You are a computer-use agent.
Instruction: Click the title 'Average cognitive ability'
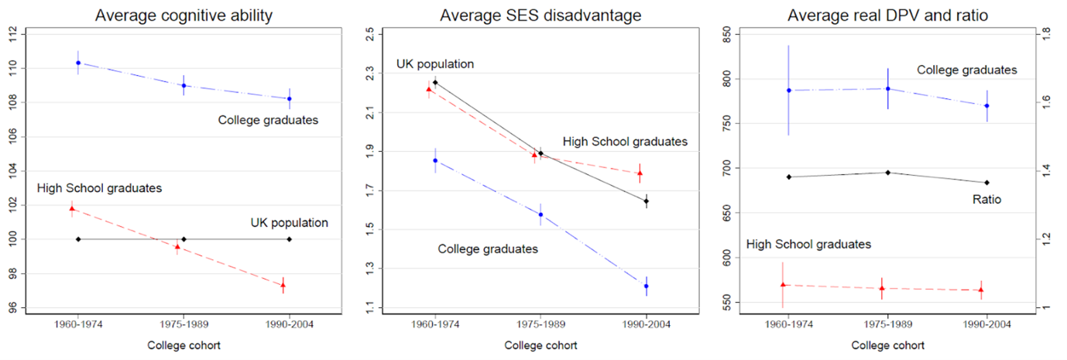[x=184, y=14]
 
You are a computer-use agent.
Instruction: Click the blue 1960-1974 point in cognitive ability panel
[x=78, y=63]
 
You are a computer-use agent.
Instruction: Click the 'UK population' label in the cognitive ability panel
[x=289, y=223]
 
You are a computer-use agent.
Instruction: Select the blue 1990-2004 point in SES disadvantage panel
[x=646, y=286]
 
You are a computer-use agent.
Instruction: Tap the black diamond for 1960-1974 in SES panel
[x=435, y=82]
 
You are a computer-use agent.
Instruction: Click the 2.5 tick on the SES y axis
[x=370, y=34]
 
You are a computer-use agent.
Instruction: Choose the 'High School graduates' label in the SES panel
[x=624, y=142]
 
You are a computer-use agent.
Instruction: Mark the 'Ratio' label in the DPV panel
[x=986, y=199]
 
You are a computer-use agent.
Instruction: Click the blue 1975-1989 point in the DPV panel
[x=887, y=88]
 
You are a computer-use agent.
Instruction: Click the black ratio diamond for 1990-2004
[x=986, y=183]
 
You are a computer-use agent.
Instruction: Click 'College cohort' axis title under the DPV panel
[x=887, y=345]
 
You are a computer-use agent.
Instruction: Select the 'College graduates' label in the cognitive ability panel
[x=268, y=120]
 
